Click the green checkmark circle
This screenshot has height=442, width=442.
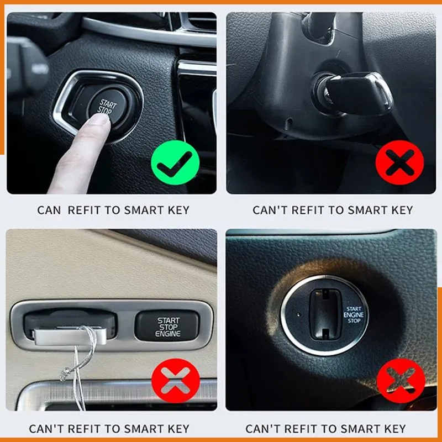175,162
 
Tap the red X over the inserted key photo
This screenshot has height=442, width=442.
399,162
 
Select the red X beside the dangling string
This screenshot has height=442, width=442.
176,381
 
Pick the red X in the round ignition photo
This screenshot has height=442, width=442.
401,381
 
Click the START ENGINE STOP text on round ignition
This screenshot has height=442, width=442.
354,315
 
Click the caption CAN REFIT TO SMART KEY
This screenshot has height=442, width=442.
113,211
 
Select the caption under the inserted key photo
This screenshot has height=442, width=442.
333,211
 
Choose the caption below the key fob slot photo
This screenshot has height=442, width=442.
109,429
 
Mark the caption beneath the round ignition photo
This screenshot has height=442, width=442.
325,429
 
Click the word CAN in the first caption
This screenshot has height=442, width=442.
49,211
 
